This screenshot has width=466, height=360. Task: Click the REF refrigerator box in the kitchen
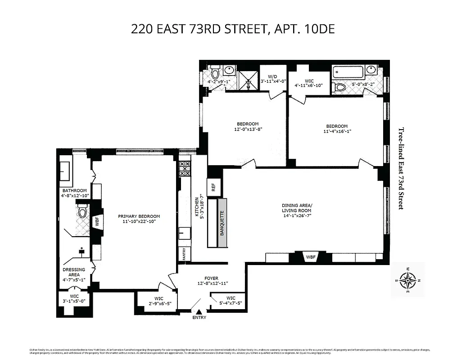tap(213, 186)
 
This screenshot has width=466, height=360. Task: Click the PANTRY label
tap(184, 254)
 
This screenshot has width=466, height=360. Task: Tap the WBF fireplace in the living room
tap(311, 257)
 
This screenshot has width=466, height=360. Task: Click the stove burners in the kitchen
tap(184, 169)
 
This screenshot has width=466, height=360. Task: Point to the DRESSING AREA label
tap(74, 272)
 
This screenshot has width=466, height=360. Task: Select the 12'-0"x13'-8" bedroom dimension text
tap(248, 130)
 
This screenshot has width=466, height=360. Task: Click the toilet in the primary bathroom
tap(82, 211)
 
